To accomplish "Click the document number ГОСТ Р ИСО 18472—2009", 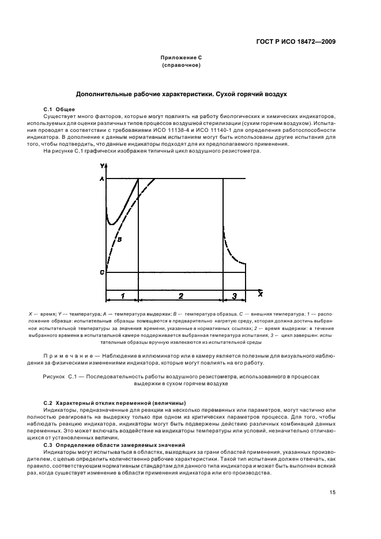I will click(300, 41).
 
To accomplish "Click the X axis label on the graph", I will click(260, 294).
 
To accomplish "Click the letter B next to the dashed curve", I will click(118, 237).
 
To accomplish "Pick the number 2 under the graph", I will click(180, 295).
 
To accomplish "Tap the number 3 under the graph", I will click(234, 295).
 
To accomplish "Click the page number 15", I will click(333, 492).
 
